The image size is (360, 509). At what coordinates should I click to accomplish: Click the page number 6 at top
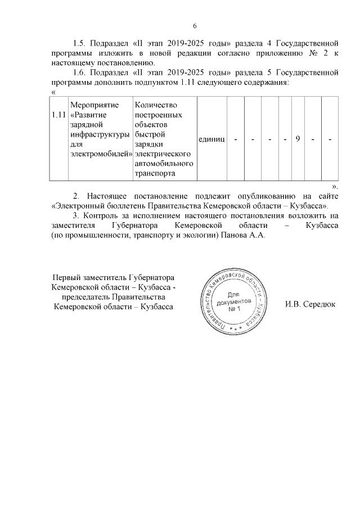click(195, 26)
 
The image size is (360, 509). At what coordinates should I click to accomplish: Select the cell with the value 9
click(296, 139)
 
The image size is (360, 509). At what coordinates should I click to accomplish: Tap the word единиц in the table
click(211, 139)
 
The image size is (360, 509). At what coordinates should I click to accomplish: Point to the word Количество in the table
click(156, 105)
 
